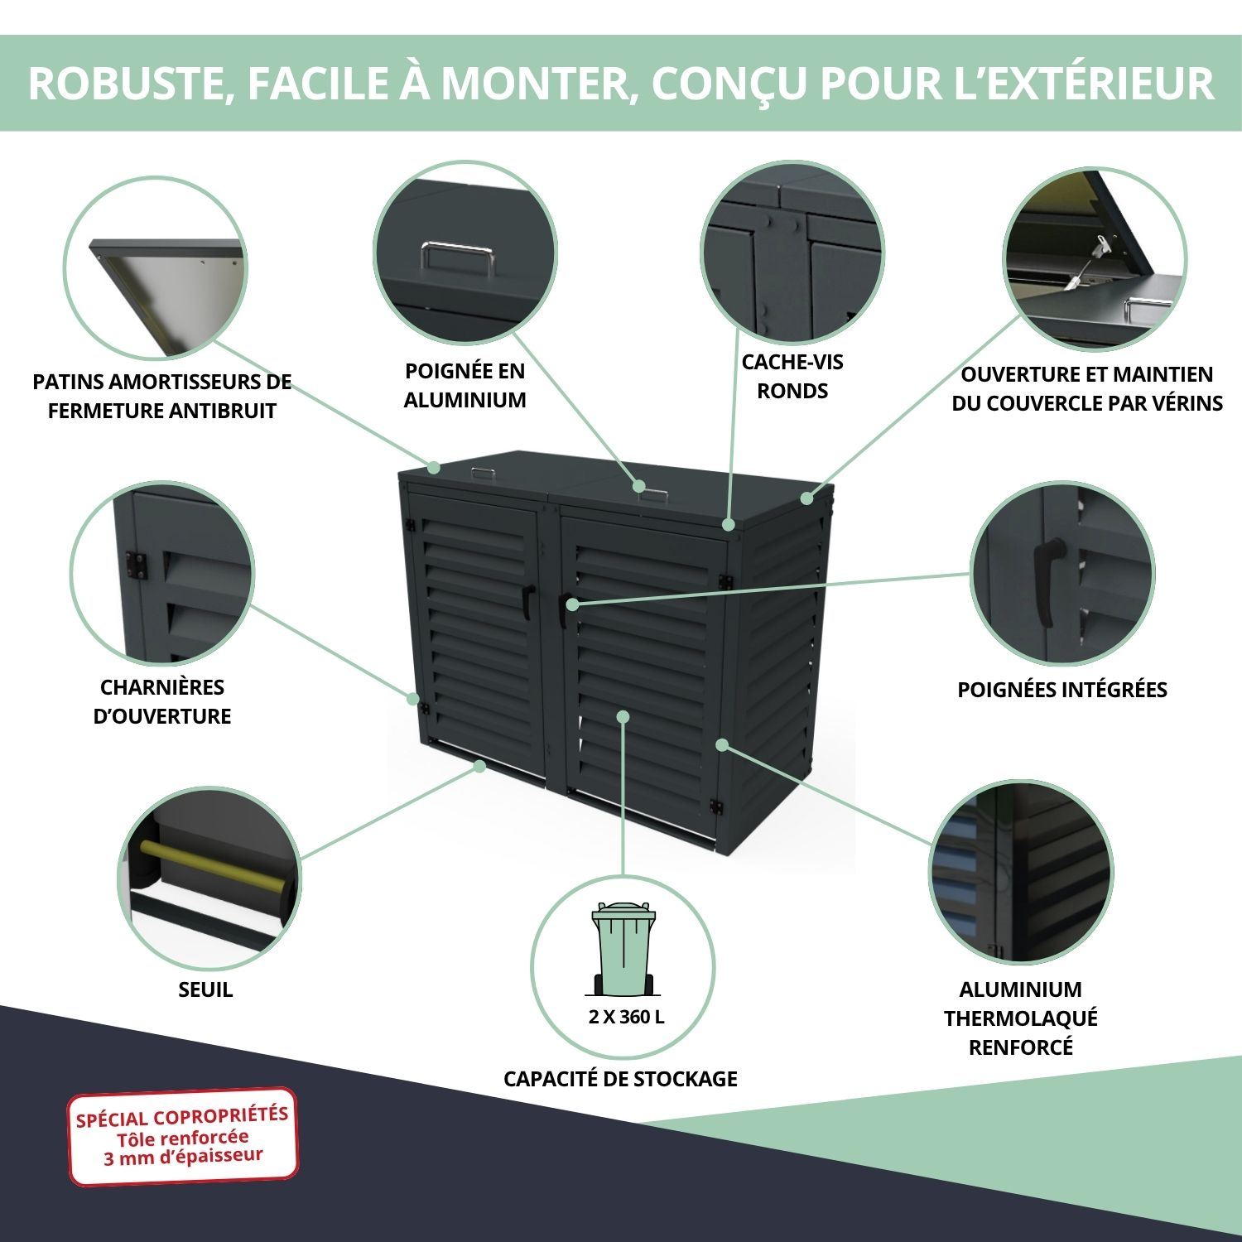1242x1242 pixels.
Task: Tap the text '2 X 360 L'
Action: click(626, 1017)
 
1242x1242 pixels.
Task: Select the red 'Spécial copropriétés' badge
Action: click(182, 1136)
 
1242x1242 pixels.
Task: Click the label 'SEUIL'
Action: click(205, 989)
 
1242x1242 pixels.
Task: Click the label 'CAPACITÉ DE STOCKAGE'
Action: click(620, 1079)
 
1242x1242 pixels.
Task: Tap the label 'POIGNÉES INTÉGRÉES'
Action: click(1062, 690)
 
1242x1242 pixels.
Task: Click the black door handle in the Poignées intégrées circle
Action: click(1048, 581)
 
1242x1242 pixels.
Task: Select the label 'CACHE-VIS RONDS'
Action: click(792, 377)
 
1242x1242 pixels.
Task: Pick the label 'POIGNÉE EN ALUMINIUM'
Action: click(465, 385)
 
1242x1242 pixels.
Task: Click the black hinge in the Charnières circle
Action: click(136, 566)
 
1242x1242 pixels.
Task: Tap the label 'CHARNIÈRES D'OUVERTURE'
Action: click(162, 701)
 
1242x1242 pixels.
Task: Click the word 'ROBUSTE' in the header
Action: click(128, 84)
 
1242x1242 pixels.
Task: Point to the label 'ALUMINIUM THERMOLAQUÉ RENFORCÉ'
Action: click(1021, 1018)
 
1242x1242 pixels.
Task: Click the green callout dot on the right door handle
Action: click(573, 605)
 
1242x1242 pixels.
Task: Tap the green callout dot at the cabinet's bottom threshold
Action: click(479, 767)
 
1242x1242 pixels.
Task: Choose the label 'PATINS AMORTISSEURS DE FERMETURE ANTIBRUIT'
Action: click(162, 397)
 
